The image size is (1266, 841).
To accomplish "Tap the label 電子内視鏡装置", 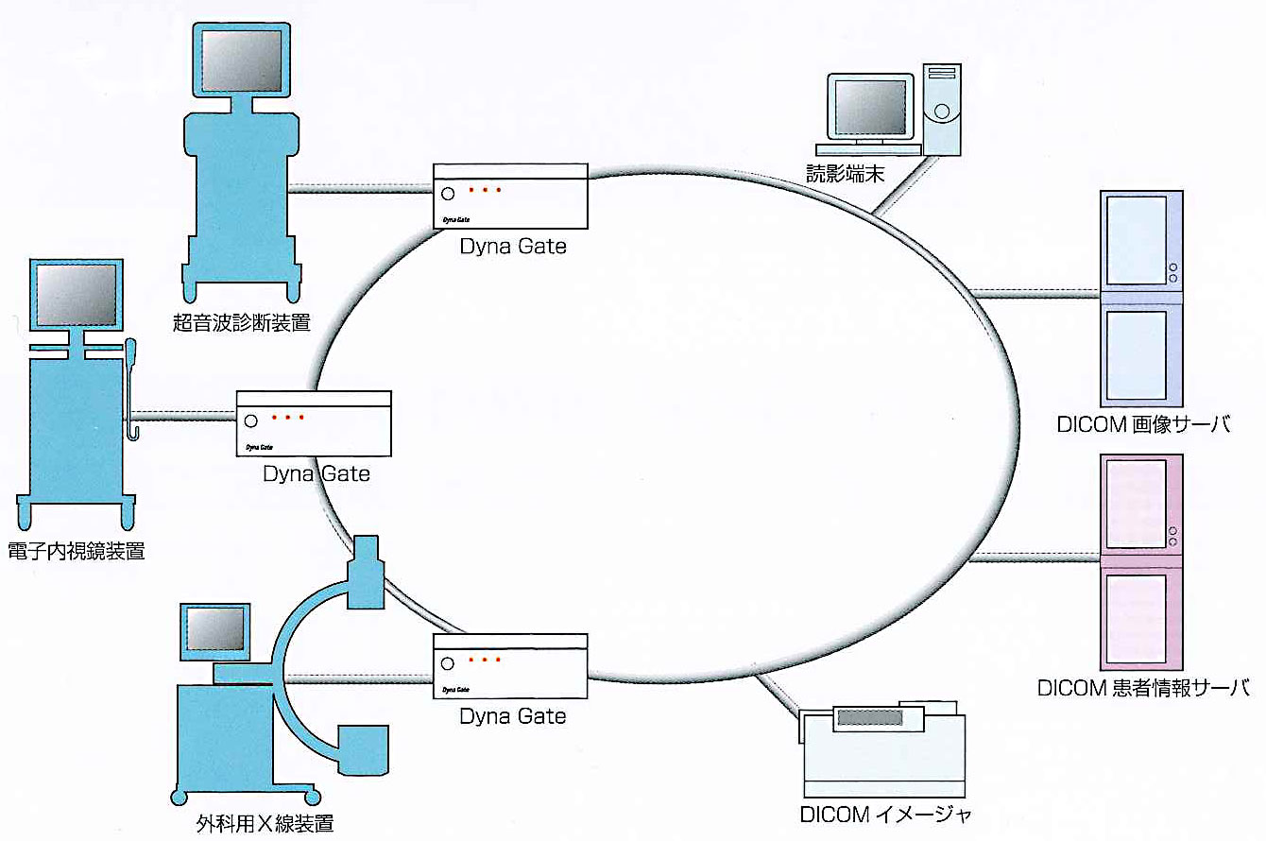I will coord(76,551).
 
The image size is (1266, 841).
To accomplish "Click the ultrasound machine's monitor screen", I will coord(242,60).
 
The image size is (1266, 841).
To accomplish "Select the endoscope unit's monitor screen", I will coord(76,295).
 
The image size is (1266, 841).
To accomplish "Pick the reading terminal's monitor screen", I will coord(868,105).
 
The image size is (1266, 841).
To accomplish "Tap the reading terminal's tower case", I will coord(941,107).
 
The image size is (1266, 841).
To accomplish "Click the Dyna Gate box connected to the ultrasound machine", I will coord(511,197).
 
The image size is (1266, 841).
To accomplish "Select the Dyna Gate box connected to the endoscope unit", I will coord(314,423).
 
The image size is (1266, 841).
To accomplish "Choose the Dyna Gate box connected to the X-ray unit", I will coord(511,666).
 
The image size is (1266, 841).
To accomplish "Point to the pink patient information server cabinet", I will coord(1141,562).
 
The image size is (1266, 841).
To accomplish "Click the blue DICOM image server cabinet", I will coord(1141,299).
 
